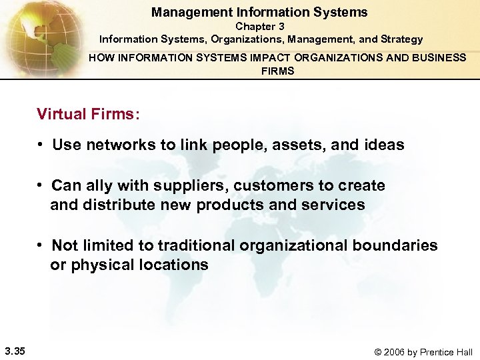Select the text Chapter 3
[259, 26]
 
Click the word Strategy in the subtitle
[401, 39]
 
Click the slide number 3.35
[15, 351]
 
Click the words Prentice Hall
[447, 351]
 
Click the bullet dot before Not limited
[41, 245]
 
